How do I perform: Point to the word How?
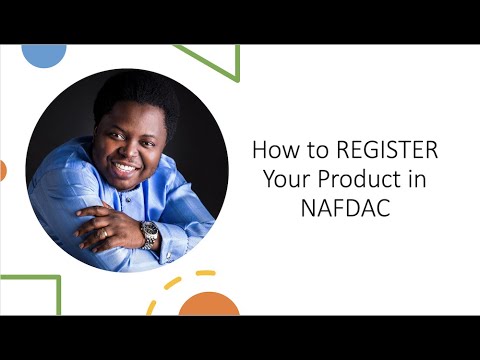272,152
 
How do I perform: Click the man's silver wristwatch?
149,235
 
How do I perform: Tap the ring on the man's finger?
105,232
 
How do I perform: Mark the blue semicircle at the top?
43,54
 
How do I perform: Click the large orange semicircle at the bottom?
209,305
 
